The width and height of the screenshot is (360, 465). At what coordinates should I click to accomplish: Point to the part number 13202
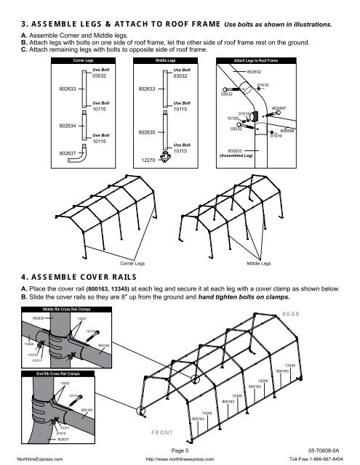[64, 382]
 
